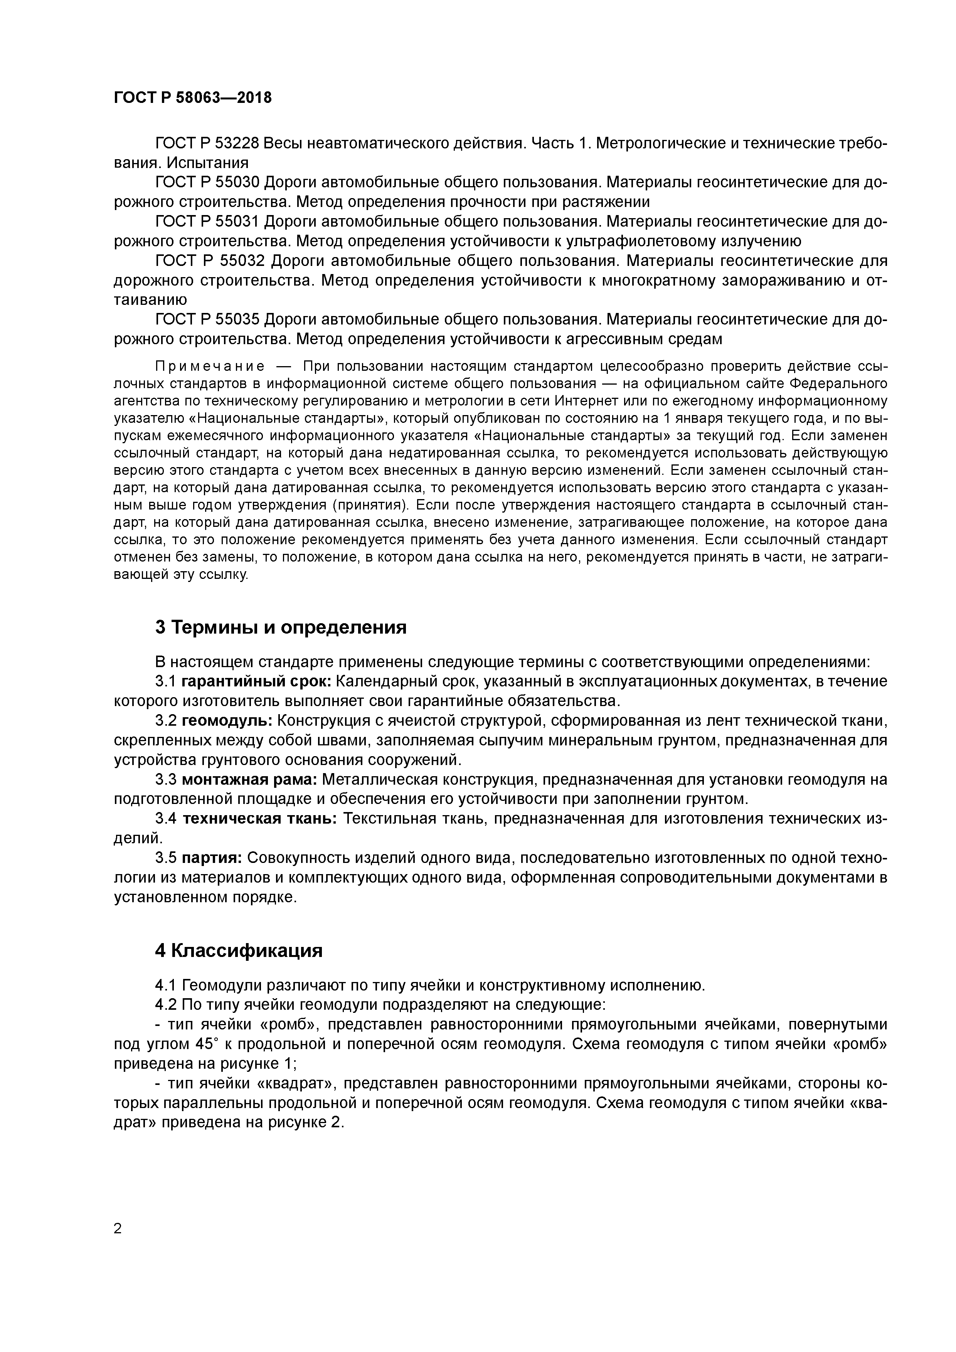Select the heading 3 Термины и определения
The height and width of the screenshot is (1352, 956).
point(281,628)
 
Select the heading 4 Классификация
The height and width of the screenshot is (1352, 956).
point(239,951)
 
